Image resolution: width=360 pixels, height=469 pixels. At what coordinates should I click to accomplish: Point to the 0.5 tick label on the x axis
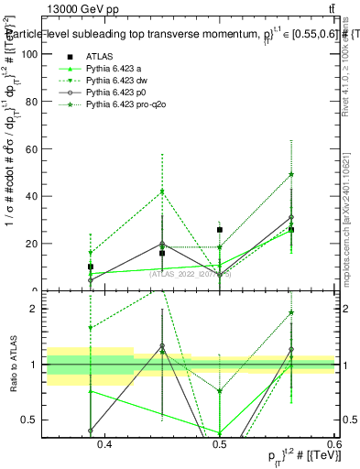tap(219, 445)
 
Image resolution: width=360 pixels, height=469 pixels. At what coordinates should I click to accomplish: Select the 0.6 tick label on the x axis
tap(333, 445)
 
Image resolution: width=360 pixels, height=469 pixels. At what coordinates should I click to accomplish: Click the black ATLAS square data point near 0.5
tap(220, 230)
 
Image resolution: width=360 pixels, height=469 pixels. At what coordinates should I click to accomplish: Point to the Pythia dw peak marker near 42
tap(162, 191)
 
